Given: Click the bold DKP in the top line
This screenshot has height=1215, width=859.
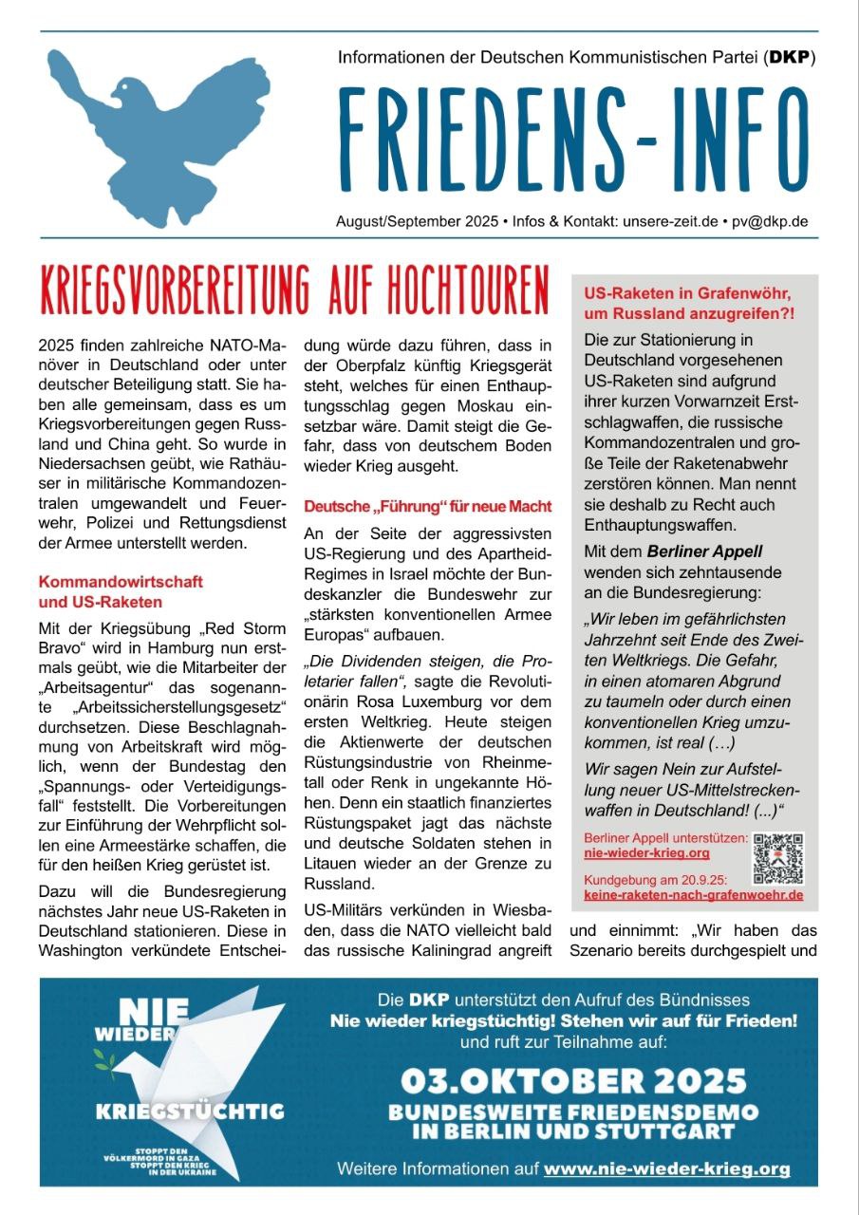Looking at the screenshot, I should coord(790,58).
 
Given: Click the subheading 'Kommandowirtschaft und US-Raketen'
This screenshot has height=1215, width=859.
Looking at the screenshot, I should coord(121,590).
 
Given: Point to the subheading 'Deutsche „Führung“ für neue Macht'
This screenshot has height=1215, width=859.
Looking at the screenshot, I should coord(427,507).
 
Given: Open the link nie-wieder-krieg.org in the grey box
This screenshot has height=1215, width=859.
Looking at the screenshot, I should coord(646,853).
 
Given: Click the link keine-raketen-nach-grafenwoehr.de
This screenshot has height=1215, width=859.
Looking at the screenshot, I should coord(693,894).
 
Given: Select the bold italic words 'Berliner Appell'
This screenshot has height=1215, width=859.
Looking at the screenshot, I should coord(704,551).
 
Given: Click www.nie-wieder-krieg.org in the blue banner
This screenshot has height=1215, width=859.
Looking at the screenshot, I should coord(666,1168).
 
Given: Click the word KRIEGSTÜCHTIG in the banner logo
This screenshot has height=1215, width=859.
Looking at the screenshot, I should coord(189,1111).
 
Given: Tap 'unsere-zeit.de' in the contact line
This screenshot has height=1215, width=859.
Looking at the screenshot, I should coord(670,221).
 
